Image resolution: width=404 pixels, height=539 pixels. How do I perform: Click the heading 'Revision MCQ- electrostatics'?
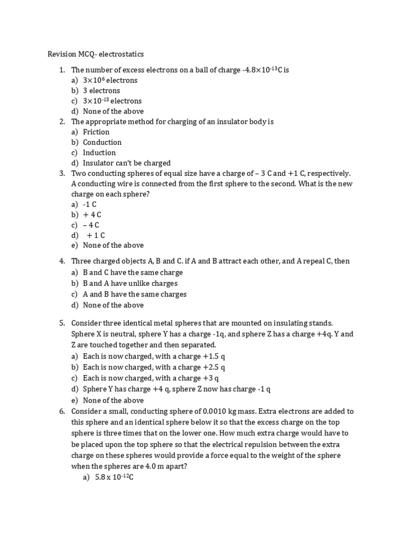point(95,54)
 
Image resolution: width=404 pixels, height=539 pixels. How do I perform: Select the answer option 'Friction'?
point(96,132)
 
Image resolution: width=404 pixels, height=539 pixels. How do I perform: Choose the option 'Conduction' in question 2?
point(102,142)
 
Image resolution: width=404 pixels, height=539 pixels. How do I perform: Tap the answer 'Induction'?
point(99,153)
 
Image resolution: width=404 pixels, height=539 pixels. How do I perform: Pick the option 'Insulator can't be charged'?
point(127,163)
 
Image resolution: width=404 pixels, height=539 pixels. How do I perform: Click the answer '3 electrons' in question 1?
point(102,91)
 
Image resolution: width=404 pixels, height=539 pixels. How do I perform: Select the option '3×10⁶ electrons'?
point(110,80)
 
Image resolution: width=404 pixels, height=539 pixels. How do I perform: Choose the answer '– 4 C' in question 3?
point(91,225)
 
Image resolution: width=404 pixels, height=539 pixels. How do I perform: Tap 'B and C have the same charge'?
point(133,273)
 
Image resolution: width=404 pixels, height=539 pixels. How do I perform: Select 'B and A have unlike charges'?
point(130,284)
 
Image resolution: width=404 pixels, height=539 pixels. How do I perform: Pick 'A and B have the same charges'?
point(135,294)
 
